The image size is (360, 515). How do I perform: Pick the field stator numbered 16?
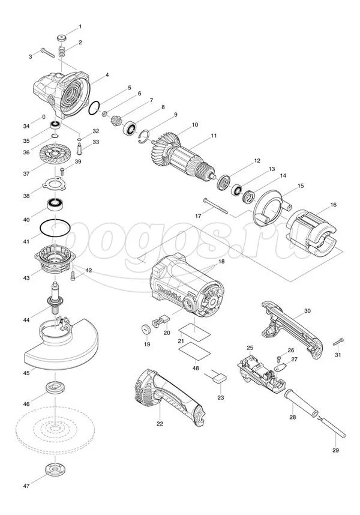tap(311, 230)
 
